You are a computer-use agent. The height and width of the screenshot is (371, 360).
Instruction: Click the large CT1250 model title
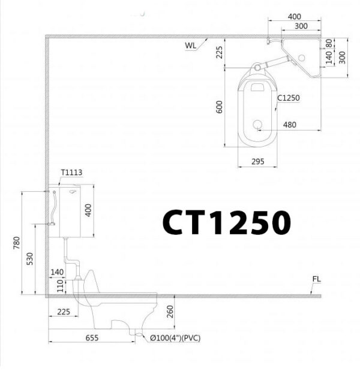pos(226,223)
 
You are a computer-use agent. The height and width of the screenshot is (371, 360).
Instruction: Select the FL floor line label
pos(316,280)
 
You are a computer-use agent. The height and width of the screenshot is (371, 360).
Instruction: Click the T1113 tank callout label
pos(71,173)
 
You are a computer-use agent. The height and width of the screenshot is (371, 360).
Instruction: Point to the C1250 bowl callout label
pos(288,98)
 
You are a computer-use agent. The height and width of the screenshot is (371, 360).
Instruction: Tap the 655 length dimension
pos(92,338)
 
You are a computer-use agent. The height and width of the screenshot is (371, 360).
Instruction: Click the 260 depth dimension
pos(170,312)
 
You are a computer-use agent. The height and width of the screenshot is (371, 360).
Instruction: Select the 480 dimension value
pos(289,125)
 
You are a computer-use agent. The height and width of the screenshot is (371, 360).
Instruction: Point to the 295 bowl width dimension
pos(258,161)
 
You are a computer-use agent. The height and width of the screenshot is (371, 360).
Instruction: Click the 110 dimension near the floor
pos(59,287)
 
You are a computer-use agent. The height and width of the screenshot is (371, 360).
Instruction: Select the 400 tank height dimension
pos(88,210)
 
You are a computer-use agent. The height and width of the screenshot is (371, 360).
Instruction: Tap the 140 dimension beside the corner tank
pos(328,58)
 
